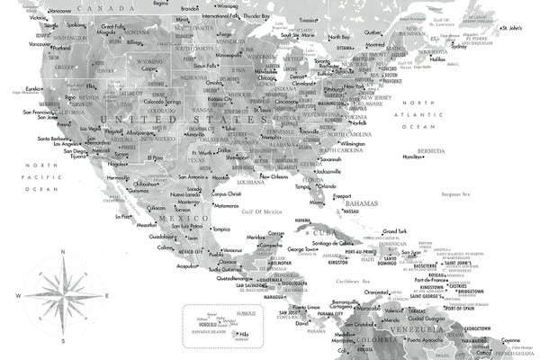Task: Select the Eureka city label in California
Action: tap(33, 88)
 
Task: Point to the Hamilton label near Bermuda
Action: tap(413, 157)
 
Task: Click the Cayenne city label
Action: tap(517, 339)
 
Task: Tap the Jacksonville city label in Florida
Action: tap(328, 171)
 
